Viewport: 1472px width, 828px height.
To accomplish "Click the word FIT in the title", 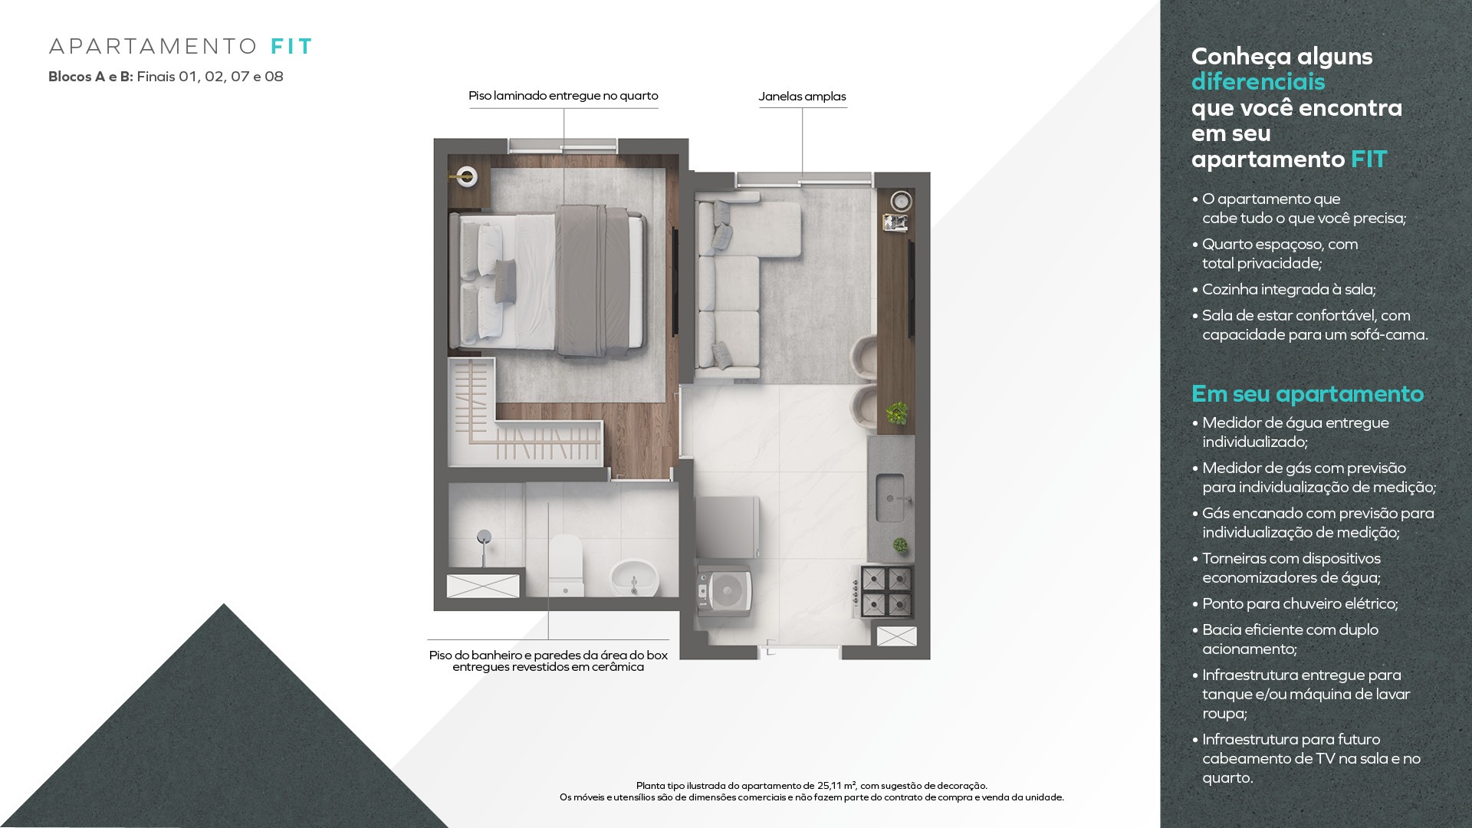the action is tap(291, 47).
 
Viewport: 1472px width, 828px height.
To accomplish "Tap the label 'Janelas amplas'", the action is tap(802, 97).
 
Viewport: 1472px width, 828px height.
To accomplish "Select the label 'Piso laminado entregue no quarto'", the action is tap(563, 96).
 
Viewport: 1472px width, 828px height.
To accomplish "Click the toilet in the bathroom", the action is tap(566, 566).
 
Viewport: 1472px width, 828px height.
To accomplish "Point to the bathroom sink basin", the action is tap(634, 577).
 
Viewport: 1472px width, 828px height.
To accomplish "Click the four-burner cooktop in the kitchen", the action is tap(886, 590).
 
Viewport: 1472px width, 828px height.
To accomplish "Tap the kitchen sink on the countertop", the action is tap(890, 498).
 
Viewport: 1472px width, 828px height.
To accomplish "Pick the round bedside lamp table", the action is tap(465, 177).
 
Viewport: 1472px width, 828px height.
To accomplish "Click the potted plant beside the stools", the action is tap(896, 413).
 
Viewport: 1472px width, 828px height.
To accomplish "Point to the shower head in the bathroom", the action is tap(484, 537).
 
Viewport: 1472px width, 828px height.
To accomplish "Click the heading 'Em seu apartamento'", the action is tap(1307, 393).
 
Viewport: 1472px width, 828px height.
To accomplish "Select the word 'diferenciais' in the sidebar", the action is tap(1258, 81).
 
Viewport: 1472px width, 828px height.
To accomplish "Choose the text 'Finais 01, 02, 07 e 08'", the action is tap(210, 77).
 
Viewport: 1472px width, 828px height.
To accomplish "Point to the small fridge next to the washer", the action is tap(727, 527).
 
